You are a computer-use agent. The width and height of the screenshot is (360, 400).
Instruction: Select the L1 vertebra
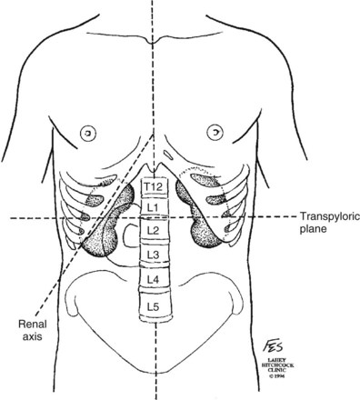tap(154, 208)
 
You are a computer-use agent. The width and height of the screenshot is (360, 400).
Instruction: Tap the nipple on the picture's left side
tap(88, 131)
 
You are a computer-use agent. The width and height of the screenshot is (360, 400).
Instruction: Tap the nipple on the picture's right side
tap(216, 131)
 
